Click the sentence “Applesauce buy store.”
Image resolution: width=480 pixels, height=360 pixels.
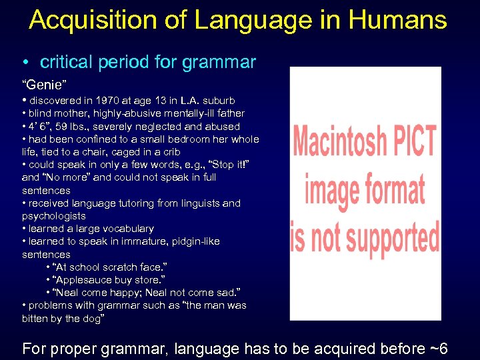pos(99,280)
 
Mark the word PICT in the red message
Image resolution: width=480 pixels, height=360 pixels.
pos(413,142)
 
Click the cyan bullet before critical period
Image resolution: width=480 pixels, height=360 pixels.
pos(25,63)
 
